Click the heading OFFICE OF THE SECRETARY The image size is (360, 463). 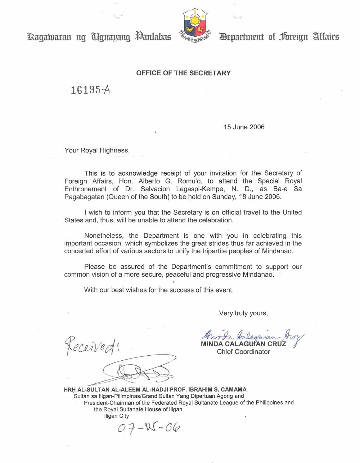(x=183, y=73)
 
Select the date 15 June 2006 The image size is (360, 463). (x=244, y=127)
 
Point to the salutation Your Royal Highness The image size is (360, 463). (x=96, y=150)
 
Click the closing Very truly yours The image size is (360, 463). (x=243, y=313)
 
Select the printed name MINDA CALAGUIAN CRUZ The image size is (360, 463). (x=243, y=344)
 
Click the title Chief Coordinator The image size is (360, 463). (x=243, y=352)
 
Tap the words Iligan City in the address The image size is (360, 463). (x=116, y=416)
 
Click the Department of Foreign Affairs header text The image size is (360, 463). (x=279, y=37)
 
